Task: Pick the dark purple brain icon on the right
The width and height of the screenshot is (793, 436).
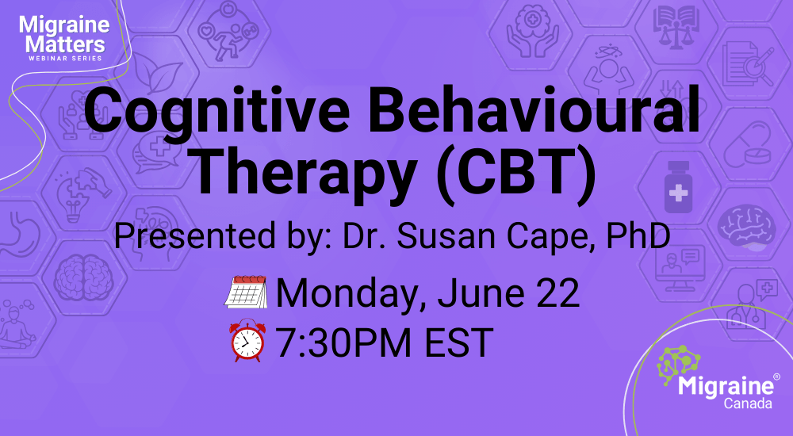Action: [746, 226]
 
